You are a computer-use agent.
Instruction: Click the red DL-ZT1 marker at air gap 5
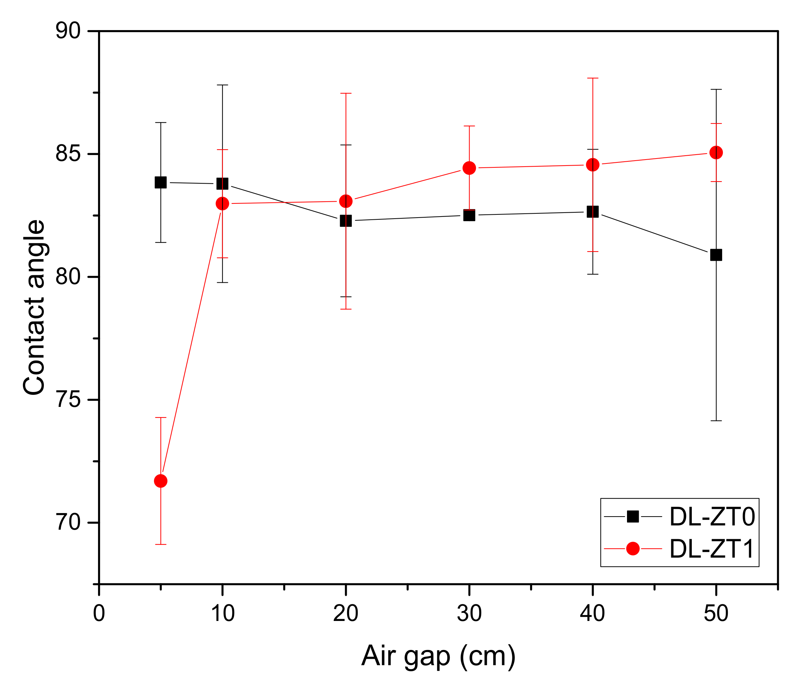[160, 481]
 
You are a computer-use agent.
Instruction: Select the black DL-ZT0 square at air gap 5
[160, 182]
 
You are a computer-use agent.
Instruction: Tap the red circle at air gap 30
[469, 168]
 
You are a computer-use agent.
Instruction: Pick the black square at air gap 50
[716, 255]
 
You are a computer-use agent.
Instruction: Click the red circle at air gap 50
[716, 152]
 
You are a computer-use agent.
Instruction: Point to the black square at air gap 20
[346, 220]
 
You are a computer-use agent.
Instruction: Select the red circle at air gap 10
[222, 203]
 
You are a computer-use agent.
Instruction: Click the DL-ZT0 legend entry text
[712, 517]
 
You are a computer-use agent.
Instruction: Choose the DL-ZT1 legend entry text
[712, 549]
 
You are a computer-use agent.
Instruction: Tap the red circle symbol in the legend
[633, 549]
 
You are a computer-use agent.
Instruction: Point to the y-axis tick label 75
[68, 399]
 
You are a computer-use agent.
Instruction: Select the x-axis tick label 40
[592, 614]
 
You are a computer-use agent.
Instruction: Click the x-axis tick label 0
[99, 614]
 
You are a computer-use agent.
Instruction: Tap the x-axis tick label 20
[346, 614]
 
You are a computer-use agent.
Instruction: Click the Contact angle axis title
[34, 307]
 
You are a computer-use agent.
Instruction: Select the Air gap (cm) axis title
[438, 656]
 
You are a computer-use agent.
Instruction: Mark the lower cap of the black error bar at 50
[716, 421]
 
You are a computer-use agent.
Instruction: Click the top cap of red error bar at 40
[593, 78]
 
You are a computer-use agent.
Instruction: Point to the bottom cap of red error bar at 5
[160, 545]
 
